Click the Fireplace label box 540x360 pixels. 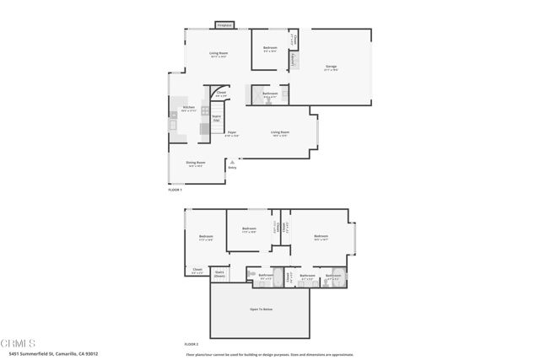pos(224,25)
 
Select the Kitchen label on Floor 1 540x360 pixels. pos(188,108)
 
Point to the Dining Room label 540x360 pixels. pos(196,164)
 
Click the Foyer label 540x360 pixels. pos(231,133)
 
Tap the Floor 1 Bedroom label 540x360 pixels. pos(269,49)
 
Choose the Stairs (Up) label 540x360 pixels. pos(216,119)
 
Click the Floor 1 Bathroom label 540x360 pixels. pos(270,94)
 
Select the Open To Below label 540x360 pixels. pos(260,309)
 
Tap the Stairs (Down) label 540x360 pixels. pos(219,273)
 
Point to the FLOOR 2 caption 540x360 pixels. pos(191,344)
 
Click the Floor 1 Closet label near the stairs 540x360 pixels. pos(220,94)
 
